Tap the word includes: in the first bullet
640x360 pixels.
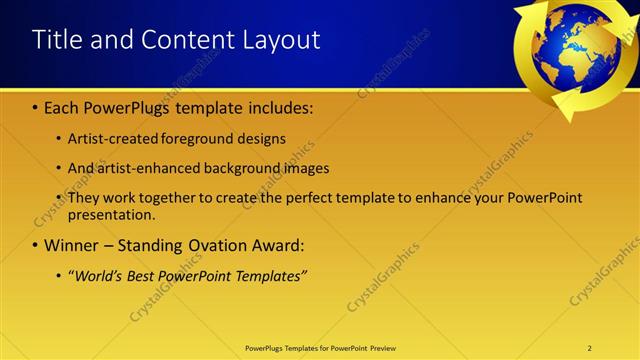coord(282,108)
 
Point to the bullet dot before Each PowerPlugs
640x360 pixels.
coord(36,108)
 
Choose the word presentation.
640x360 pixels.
coord(112,214)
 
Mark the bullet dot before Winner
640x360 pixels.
coord(36,245)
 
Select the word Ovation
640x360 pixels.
coord(223,245)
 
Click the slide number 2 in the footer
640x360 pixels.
coord(590,348)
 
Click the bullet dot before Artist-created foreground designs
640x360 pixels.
coord(60,139)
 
